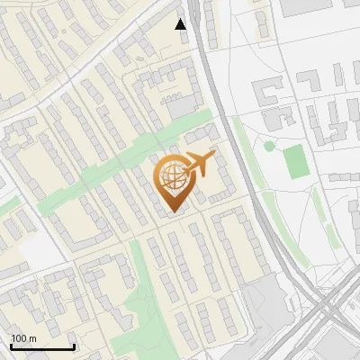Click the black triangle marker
[182, 24]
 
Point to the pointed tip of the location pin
[172, 212]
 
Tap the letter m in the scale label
[32, 337]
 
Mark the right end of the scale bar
[74, 346]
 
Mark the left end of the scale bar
[11, 346]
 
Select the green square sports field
[295, 160]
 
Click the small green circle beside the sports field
[269, 146]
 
